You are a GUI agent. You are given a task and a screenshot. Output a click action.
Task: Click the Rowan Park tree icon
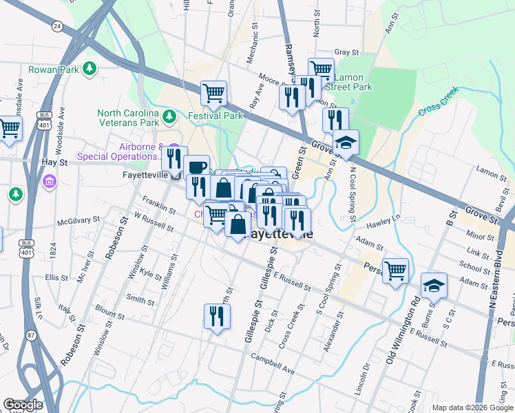click(x=89, y=68)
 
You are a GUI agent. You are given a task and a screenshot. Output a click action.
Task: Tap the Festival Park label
click(x=213, y=116)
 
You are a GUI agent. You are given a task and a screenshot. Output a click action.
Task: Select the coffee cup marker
click(x=197, y=167)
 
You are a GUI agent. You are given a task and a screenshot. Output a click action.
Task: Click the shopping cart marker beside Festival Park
click(x=213, y=93)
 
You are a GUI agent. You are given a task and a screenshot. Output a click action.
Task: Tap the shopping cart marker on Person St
click(x=395, y=271)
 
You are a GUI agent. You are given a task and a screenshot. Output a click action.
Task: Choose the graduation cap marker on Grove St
click(x=346, y=142)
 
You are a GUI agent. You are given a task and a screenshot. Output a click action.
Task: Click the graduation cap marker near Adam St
click(x=434, y=284)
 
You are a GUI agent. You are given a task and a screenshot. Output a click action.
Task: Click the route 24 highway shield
click(x=57, y=26)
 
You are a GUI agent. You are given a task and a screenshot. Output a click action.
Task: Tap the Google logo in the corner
click(x=23, y=405)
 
